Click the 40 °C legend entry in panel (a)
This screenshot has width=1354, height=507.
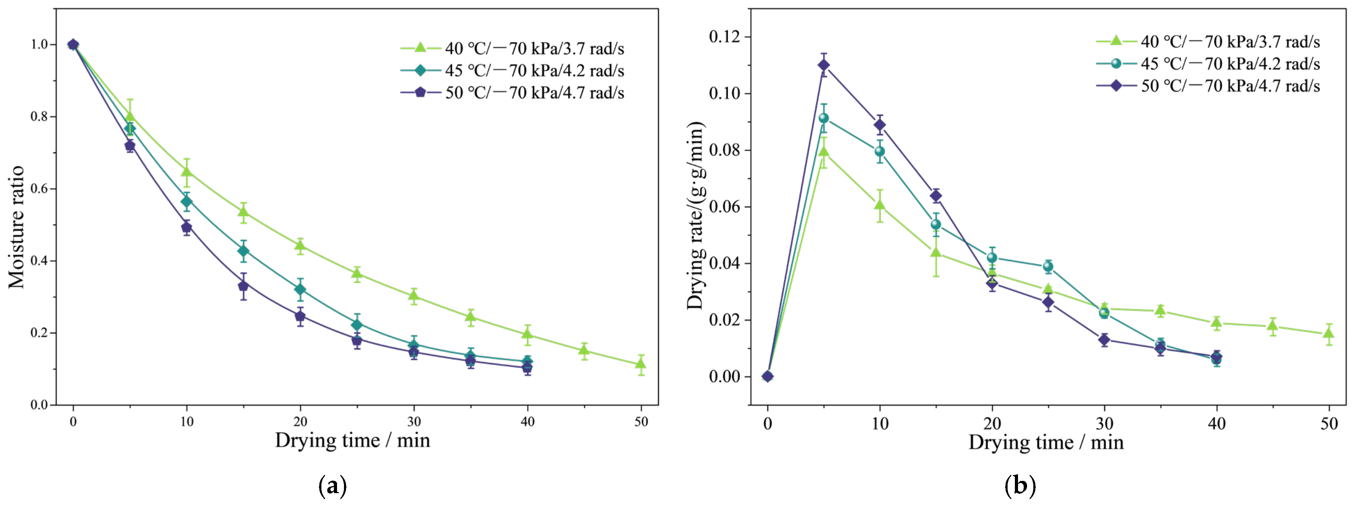(512, 48)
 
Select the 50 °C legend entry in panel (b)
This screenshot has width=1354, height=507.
(1208, 86)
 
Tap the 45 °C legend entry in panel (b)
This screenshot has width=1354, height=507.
(1208, 64)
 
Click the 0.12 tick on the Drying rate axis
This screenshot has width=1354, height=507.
(724, 37)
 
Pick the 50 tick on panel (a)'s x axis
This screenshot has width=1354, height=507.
(641, 421)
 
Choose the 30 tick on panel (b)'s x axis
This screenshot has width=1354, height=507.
(1104, 424)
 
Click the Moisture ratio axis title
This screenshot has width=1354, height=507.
(16, 227)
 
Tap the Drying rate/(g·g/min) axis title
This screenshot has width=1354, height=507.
(695, 215)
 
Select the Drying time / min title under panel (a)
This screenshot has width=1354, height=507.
(352, 440)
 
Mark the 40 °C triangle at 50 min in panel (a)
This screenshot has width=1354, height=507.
(641, 363)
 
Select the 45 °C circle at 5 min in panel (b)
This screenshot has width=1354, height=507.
(824, 118)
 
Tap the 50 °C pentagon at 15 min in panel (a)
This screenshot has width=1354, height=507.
(243, 285)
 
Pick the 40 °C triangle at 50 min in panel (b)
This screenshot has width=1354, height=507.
(1329, 333)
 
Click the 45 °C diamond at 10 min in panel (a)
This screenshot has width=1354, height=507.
(187, 201)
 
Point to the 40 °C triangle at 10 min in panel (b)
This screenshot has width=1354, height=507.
(880, 204)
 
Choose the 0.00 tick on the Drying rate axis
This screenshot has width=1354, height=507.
(724, 377)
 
